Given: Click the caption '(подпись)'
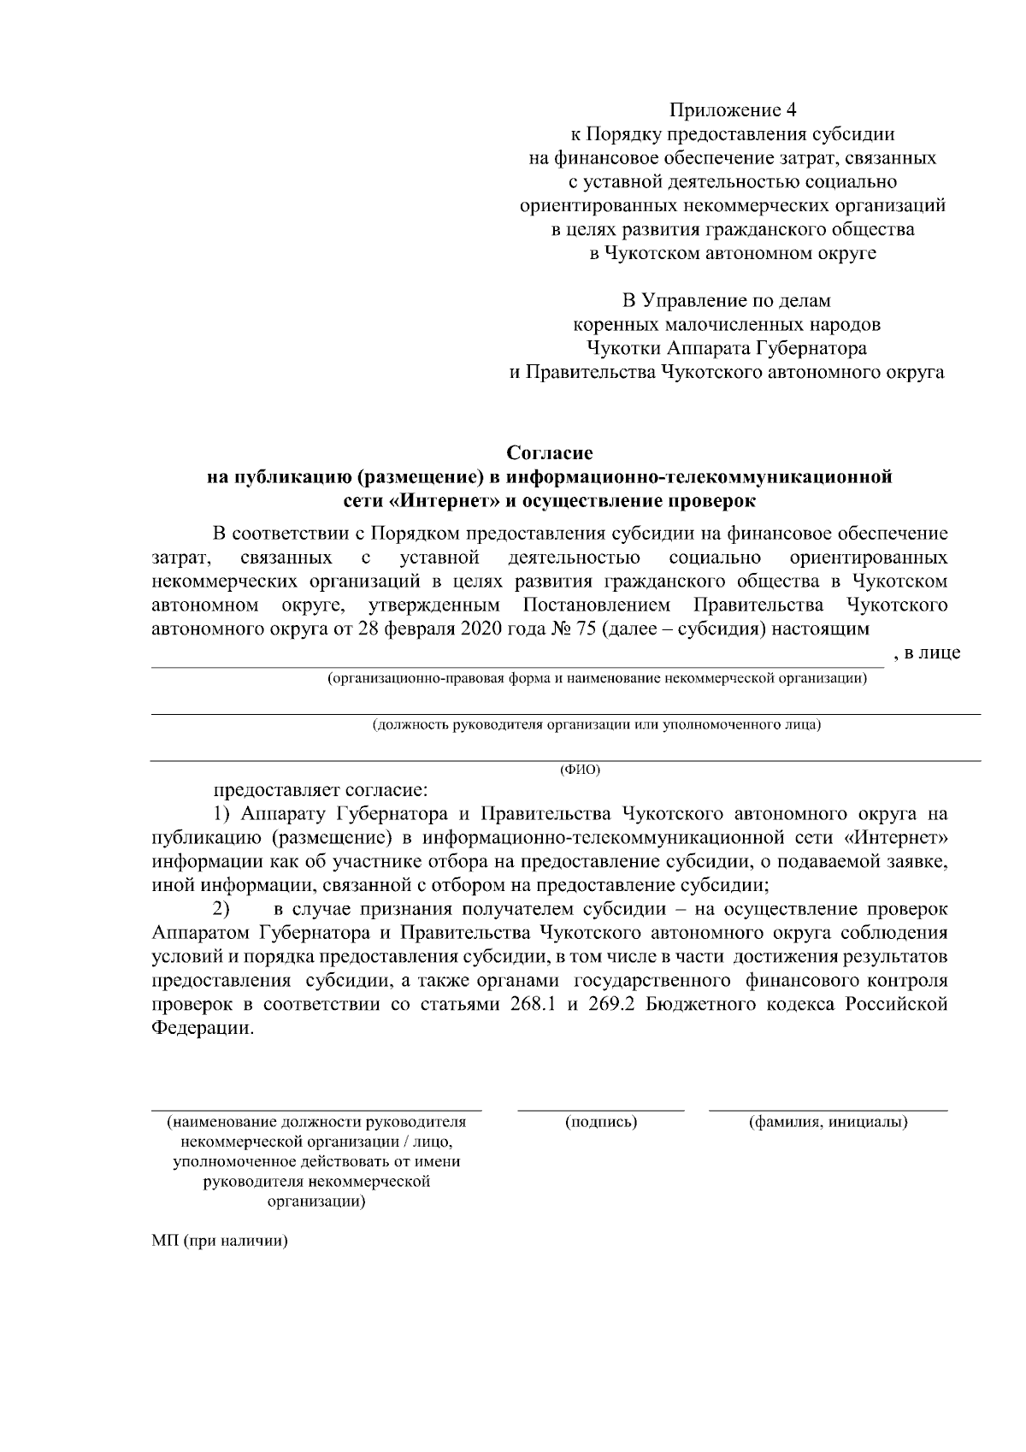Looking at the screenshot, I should point(601,1122).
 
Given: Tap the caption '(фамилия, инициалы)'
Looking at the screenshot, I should point(828,1122).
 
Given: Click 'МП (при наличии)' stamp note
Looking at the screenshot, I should point(219,1241).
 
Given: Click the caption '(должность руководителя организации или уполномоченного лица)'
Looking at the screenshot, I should point(596,725).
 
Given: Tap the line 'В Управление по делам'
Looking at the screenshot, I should point(726,301).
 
